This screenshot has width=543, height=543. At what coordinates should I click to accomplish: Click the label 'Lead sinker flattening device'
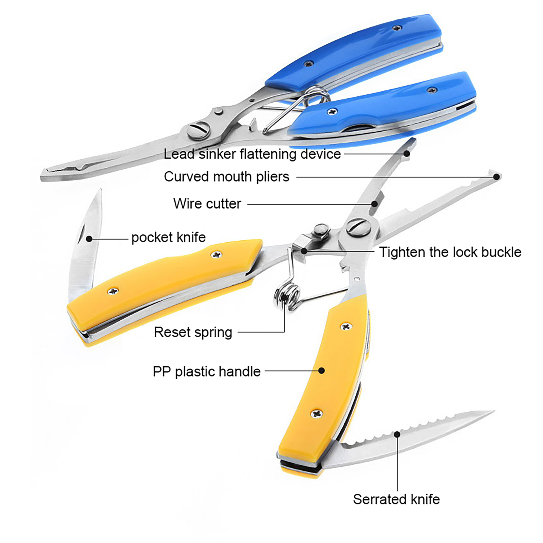(x=252, y=154)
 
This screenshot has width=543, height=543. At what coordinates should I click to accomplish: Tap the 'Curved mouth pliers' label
(x=226, y=177)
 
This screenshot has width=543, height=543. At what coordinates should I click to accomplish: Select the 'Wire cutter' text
(x=207, y=204)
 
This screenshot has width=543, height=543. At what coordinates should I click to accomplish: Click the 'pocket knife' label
(x=168, y=237)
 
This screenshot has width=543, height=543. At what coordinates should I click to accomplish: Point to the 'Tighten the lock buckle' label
(x=450, y=252)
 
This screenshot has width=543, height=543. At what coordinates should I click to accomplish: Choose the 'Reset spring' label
(x=193, y=332)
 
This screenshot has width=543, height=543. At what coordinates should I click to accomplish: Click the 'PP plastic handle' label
(x=206, y=371)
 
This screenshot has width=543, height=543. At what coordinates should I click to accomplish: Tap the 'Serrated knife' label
(x=396, y=499)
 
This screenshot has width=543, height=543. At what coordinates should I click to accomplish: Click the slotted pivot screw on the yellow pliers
(x=358, y=227)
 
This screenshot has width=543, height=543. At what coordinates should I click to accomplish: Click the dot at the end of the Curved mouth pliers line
(x=497, y=176)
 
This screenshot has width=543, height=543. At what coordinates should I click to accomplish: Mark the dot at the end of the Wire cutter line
(x=374, y=204)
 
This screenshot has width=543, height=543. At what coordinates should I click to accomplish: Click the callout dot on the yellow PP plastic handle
(x=321, y=371)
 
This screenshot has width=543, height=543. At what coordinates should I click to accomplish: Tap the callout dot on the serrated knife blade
(x=397, y=434)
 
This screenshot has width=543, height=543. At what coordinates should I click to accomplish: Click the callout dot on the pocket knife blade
(x=89, y=239)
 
